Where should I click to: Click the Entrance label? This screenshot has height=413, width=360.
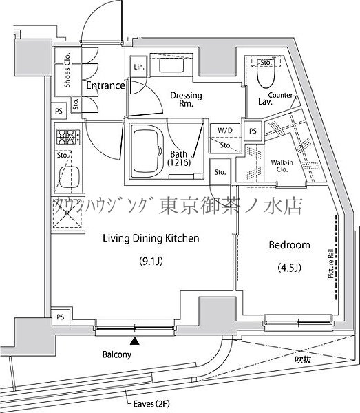coord(105,86)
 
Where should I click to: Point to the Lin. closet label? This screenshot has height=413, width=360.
coord(139,67)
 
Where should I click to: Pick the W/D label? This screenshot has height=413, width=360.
coord(224,130)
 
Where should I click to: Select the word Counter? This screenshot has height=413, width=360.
coord(282,94)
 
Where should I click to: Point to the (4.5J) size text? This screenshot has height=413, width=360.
coord(288,269)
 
